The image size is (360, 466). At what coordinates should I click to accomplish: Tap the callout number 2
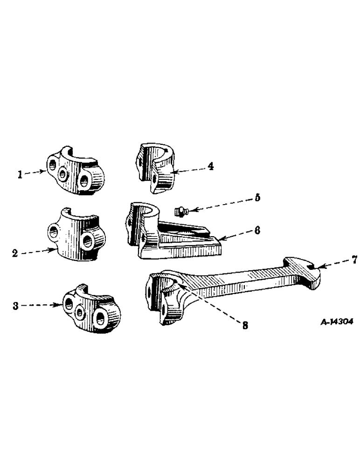click(x=15, y=254)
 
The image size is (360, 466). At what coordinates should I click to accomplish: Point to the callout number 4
click(x=211, y=165)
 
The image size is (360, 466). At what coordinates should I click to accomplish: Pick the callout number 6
click(x=257, y=230)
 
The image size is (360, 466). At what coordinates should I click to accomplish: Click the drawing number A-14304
click(x=337, y=322)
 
